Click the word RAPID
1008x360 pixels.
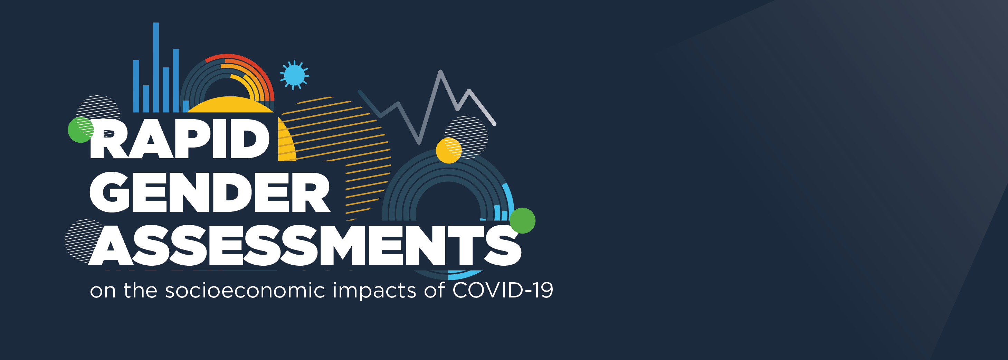coord(179,139)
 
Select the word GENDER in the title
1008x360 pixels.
coord(210,192)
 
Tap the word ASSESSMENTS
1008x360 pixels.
coord(305,245)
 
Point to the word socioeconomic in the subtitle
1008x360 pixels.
coord(245,291)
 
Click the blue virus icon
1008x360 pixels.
coord(294,75)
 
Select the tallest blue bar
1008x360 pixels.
coord(156,67)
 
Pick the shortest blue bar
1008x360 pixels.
coord(186,106)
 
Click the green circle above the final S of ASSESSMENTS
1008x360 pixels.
coord(522,221)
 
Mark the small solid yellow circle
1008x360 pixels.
coord(448,151)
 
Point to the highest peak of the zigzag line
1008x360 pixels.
coord(440,72)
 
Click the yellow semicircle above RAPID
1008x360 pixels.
coord(230,105)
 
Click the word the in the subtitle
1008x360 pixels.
coord(140,291)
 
